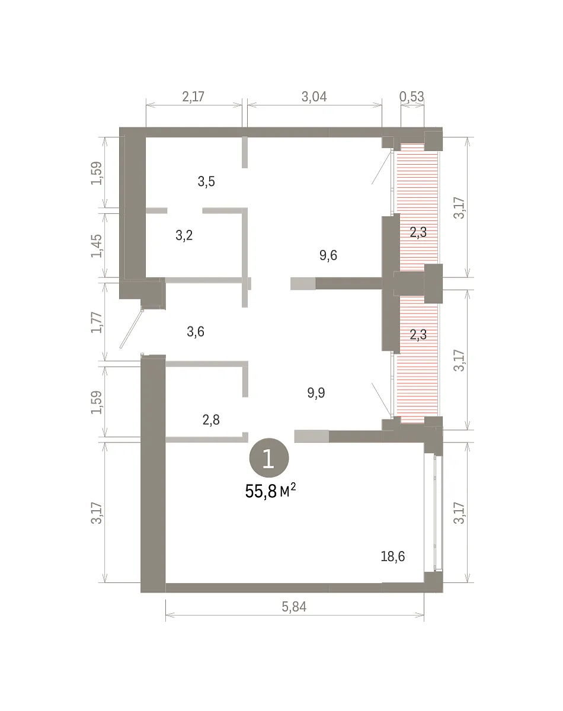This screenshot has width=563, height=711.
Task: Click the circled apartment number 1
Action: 269,458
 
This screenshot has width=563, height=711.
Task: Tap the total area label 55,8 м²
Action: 270,491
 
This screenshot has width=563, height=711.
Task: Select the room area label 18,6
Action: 393,556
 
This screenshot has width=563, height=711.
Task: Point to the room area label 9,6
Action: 328,255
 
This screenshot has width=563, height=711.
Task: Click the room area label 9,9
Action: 316,393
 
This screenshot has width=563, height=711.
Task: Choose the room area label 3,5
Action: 206,181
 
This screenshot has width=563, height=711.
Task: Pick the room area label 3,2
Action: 184,235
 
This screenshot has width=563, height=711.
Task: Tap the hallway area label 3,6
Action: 196,331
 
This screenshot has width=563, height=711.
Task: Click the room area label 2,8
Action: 211,420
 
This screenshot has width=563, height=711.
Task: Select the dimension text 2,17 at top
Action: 193,97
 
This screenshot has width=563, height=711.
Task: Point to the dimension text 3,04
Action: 314,97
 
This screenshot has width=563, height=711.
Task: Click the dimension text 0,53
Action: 412,97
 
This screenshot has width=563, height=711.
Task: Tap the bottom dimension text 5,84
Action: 294,607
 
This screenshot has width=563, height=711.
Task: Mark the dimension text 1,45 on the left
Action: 97,246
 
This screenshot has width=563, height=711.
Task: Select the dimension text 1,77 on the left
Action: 97,322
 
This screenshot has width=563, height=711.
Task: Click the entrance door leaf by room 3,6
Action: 132,328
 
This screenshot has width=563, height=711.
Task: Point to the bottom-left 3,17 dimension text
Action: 97,513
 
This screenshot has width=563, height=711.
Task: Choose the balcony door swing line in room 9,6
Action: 382,167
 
